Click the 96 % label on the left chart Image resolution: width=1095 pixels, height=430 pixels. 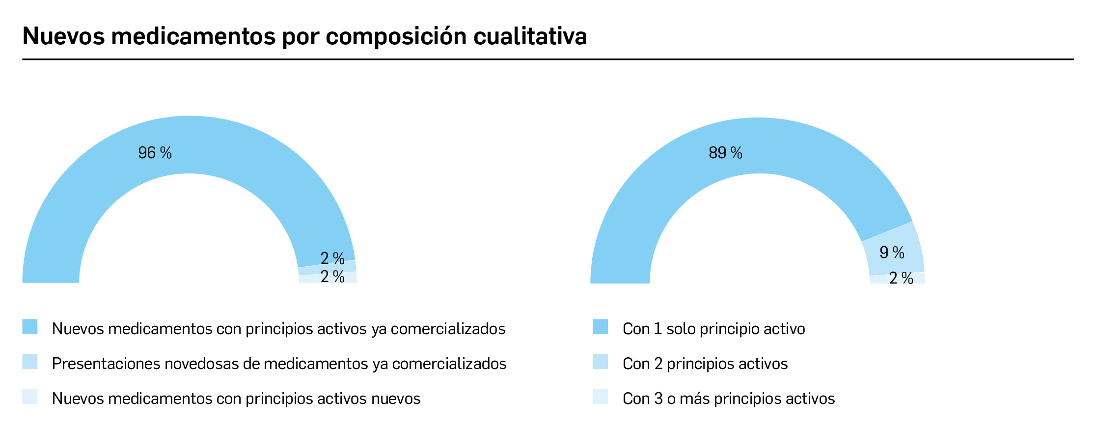click(155, 153)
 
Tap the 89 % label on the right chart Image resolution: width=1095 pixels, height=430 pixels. click(725, 153)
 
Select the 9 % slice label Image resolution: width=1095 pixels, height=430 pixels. click(892, 253)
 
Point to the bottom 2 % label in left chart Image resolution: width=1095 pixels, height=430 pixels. click(332, 277)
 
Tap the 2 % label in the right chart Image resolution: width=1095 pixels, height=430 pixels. click(901, 279)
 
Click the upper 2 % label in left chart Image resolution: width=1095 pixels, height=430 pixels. click(332, 258)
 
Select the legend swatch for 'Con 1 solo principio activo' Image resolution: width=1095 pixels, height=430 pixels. click(600, 327)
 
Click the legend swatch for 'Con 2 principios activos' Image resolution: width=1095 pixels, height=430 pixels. click(600, 362)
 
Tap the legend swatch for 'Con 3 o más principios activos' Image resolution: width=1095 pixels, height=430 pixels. click(600, 397)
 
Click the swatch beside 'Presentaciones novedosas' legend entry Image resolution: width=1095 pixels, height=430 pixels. click(30, 362)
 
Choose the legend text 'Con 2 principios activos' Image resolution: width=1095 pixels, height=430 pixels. click(705, 364)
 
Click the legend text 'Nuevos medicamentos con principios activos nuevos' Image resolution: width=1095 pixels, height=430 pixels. click(236, 399)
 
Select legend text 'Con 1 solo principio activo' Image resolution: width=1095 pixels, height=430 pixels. click(713, 329)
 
